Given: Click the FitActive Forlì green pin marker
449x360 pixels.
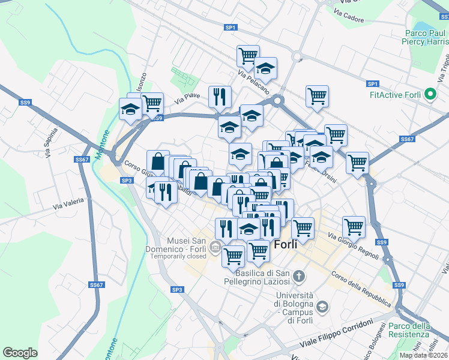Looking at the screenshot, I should pyautogui.click(x=430, y=95).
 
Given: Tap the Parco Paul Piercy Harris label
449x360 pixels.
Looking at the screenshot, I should pyautogui.click(x=425, y=37).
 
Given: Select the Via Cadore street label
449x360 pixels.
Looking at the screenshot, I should pyautogui.click(x=349, y=16).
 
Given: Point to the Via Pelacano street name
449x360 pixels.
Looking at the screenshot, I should pyautogui.click(x=253, y=82).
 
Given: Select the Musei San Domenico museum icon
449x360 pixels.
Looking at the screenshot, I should pyautogui.click(x=215, y=248).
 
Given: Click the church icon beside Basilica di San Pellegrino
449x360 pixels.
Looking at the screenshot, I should pyautogui.click(x=299, y=277).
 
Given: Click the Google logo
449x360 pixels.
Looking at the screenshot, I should pyautogui.click(x=20, y=352).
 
